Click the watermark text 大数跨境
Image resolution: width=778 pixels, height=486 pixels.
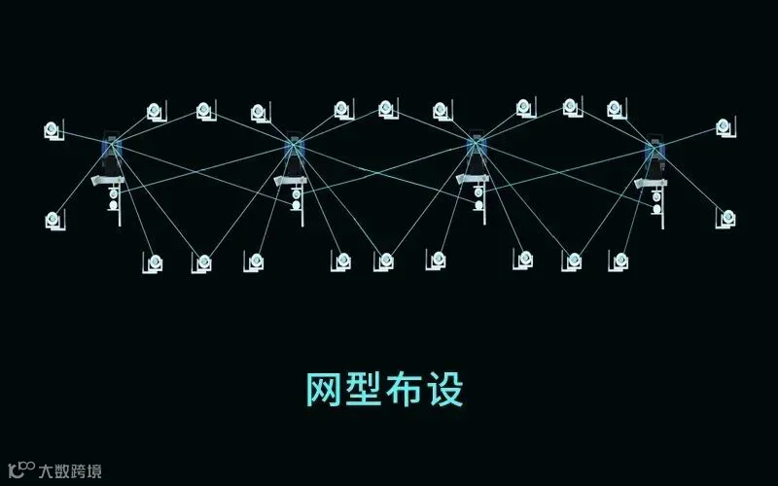pyautogui.click(x=70, y=471)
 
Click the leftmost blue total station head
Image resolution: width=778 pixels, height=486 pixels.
pyautogui.click(x=111, y=147)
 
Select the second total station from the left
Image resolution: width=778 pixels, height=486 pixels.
pyautogui.click(x=294, y=147)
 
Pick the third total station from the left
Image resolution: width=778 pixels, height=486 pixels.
pyautogui.click(x=476, y=146)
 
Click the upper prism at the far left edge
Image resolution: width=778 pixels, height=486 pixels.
pyautogui.click(x=53, y=129)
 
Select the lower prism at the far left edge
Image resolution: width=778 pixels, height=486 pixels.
pyautogui.click(x=53, y=221)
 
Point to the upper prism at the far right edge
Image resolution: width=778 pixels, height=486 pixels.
pyautogui.click(x=724, y=126)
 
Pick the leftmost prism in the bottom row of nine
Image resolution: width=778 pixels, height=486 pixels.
pyautogui.click(x=155, y=261)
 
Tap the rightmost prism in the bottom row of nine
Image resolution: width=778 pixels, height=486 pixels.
pyautogui.click(x=619, y=260)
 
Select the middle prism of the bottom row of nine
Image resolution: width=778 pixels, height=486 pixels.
pyautogui.click(x=386, y=260)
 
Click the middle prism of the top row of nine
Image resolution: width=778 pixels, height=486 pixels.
pyautogui.click(x=387, y=109)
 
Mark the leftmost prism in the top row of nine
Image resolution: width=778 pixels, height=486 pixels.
pyautogui.click(x=156, y=112)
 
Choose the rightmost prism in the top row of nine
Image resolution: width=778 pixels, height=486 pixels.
pyautogui.click(x=617, y=110)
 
